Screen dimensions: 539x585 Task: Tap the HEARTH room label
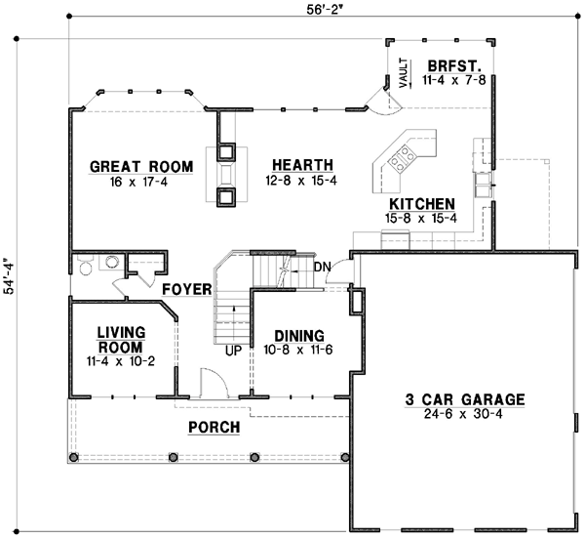click(302, 165)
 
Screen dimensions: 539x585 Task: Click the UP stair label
click(233, 350)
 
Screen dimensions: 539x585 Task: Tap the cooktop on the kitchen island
click(400, 153)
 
